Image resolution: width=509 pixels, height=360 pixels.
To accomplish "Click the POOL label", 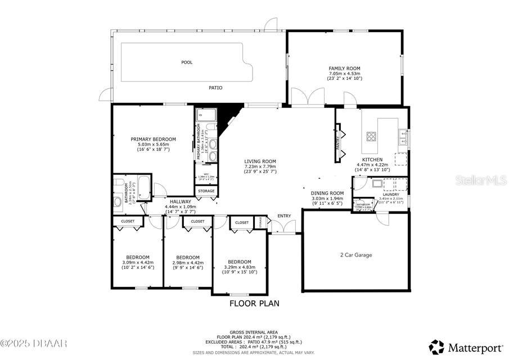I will click(187, 62).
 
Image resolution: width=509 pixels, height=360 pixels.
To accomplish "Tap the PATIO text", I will click(215, 88).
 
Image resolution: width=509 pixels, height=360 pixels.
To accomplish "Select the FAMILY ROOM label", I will click(344, 69).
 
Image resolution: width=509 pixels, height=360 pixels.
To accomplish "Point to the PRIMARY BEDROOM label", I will click(153, 139).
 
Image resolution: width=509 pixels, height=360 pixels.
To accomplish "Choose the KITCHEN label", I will click(372, 160).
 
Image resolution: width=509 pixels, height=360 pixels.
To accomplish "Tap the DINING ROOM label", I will click(327, 193).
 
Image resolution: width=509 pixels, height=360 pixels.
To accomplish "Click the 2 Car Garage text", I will click(356, 255).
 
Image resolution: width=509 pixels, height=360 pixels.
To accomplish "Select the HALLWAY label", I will click(181, 201).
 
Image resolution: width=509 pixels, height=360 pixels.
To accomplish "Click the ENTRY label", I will click(284, 216).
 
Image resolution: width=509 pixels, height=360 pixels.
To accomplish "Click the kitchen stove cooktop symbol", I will click(371, 136).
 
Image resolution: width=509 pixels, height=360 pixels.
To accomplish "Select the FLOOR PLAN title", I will click(254, 303).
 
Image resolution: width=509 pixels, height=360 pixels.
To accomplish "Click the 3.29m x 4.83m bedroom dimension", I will click(240, 267).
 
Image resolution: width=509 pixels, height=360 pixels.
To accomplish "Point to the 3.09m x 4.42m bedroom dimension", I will click(137, 262).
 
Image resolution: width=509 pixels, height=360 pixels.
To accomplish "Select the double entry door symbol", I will click(284, 227).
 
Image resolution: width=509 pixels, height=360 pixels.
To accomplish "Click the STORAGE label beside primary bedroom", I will click(206, 191).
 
